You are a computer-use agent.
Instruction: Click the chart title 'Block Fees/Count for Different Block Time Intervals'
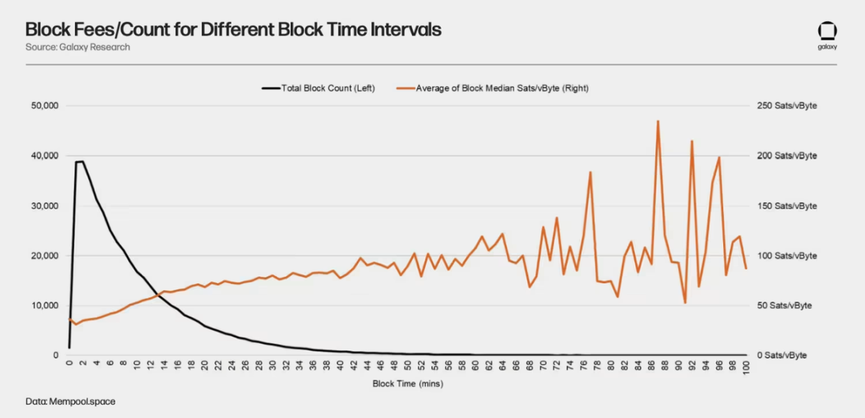click(233, 29)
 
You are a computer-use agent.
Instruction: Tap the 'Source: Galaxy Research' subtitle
click(77, 47)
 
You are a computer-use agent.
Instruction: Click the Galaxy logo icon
click(827, 32)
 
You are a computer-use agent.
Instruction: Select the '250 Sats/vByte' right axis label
click(786, 106)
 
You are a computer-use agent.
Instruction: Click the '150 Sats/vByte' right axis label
click(786, 206)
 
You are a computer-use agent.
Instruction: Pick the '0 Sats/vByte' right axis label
click(782, 355)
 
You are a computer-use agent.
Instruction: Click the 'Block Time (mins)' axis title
click(408, 383)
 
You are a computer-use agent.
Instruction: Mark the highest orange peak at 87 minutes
click(658, 121)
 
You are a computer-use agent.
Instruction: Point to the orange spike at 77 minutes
click(590, 172)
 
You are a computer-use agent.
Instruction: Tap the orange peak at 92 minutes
click(692, 141)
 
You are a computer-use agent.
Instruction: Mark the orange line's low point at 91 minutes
click(685, 302)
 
